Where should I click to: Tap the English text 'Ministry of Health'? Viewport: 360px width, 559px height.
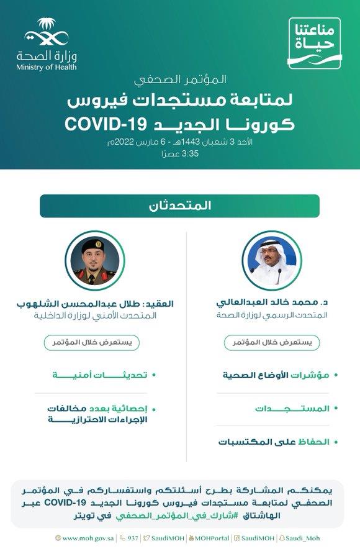[47, 67]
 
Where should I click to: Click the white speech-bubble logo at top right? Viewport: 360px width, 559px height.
[315, 43]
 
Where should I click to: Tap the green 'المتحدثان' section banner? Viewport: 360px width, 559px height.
[180, 206]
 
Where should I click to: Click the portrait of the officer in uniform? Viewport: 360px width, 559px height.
[94, 261]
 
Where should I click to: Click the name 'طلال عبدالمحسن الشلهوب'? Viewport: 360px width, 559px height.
[114, 304]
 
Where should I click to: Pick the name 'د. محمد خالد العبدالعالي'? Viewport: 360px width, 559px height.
[271, 304]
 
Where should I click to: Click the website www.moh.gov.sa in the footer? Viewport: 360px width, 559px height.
[84, 539]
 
